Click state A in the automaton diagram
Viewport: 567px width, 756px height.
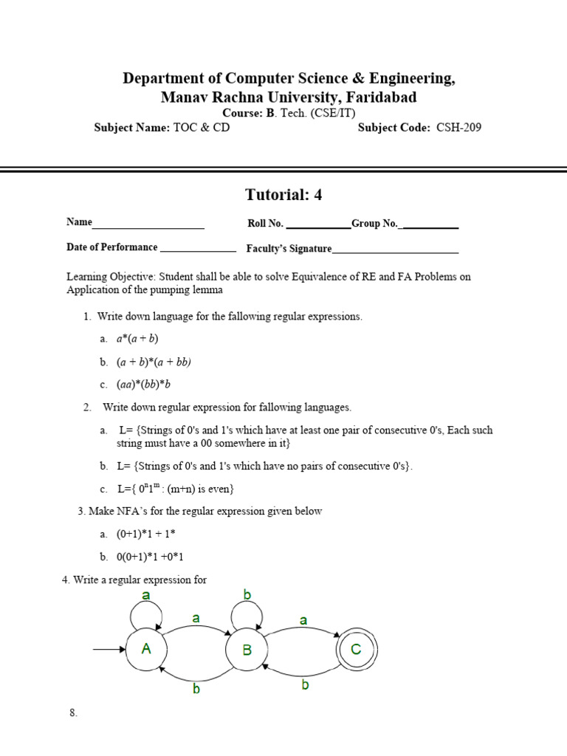coord(146,650)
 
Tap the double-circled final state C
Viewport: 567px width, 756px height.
coord(356,650)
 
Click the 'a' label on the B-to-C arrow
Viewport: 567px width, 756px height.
coord(303,621)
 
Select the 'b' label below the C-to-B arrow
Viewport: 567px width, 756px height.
coord(304,685)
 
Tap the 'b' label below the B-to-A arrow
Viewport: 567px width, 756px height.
coord(196,688)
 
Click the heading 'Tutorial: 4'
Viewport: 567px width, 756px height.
coord(283,195)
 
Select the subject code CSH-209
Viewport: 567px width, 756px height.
coord(458,128)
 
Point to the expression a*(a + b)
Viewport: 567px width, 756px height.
coord(137,339)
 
